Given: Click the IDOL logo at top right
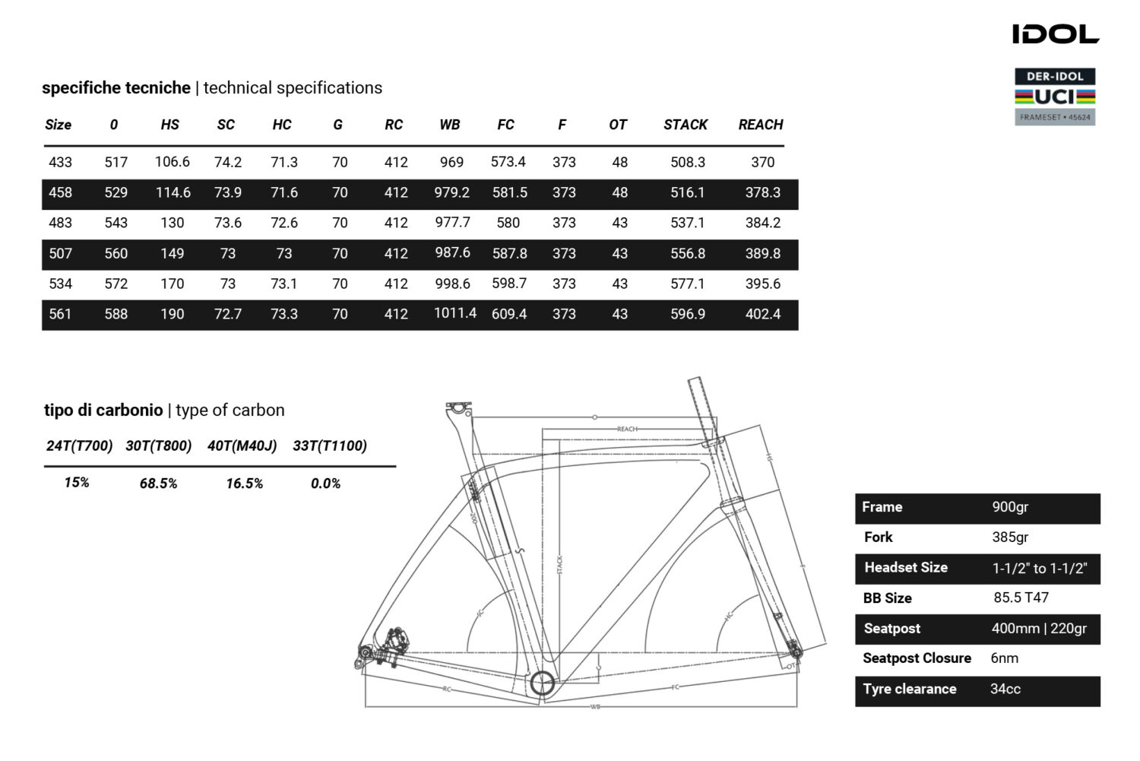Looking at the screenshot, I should point(1055,34).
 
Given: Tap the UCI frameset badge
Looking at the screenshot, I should point(1055,97).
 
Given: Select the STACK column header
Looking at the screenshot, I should point(685,125).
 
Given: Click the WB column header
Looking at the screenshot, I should point(449,125).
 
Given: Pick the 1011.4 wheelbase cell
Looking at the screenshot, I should point(454,313).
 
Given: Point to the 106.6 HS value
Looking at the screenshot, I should point(172,162).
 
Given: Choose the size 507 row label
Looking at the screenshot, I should point(60,253).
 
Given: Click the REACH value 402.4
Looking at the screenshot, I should point(762,314).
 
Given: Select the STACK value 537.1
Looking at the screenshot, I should point(687,223).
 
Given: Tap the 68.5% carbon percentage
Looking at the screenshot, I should point(158,484).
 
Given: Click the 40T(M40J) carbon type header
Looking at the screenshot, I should point(242,446).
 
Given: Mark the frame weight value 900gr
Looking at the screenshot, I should point(1009,507).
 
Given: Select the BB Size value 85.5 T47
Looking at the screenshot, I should point(1021,598).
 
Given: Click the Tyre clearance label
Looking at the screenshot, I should point(909,689).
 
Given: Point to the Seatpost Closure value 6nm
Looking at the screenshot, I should point(1004,658).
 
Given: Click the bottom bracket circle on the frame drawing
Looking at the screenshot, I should point(542,683).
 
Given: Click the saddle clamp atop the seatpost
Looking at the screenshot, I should point(458,409).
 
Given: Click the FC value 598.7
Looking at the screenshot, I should point(508,284).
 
